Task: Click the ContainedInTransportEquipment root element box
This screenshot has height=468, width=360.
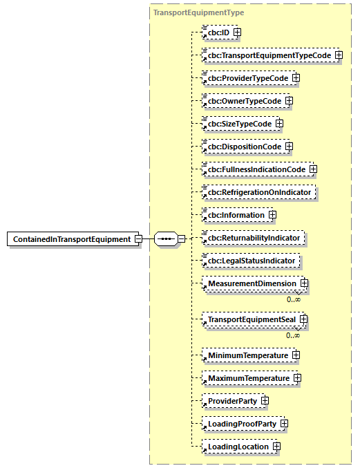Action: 71,239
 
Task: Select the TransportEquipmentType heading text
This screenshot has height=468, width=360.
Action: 198,12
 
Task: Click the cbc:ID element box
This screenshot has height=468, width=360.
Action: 216,32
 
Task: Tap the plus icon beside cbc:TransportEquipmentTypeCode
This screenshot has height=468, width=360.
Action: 339,55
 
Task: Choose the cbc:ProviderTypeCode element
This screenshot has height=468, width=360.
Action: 245,78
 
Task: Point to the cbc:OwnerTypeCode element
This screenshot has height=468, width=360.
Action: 242,101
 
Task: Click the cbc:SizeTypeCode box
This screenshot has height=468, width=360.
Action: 237,124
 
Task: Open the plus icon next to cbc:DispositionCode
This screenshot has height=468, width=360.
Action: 289,147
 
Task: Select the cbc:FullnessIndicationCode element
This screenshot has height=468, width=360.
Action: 254,169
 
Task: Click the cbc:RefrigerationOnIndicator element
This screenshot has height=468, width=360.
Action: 258,192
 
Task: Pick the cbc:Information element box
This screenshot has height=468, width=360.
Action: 234,215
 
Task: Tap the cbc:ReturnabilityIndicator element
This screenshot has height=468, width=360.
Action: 252,238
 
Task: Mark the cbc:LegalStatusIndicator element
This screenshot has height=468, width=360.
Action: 251,261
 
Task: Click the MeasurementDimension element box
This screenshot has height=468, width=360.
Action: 249,283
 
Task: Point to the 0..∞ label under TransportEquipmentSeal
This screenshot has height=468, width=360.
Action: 294,335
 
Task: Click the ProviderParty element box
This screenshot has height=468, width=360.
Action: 229,401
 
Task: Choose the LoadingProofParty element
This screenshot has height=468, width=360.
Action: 239,424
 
